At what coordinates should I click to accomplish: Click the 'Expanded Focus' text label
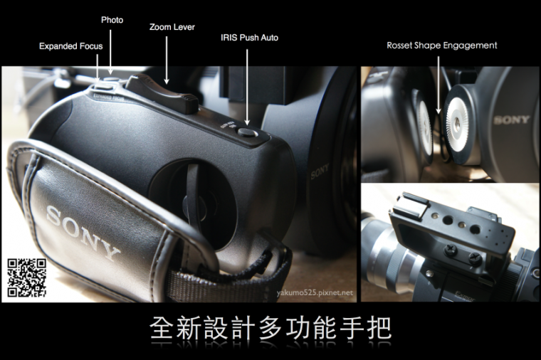[70, 46]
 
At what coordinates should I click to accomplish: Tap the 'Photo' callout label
[112, 20]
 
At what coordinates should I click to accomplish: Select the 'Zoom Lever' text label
[172, 27]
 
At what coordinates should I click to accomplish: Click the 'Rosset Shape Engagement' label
[441, 45]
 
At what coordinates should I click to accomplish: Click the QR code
[27, 277]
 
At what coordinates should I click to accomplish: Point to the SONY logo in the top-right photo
[511, 120]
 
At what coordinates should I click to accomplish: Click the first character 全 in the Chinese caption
[162, 329]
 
